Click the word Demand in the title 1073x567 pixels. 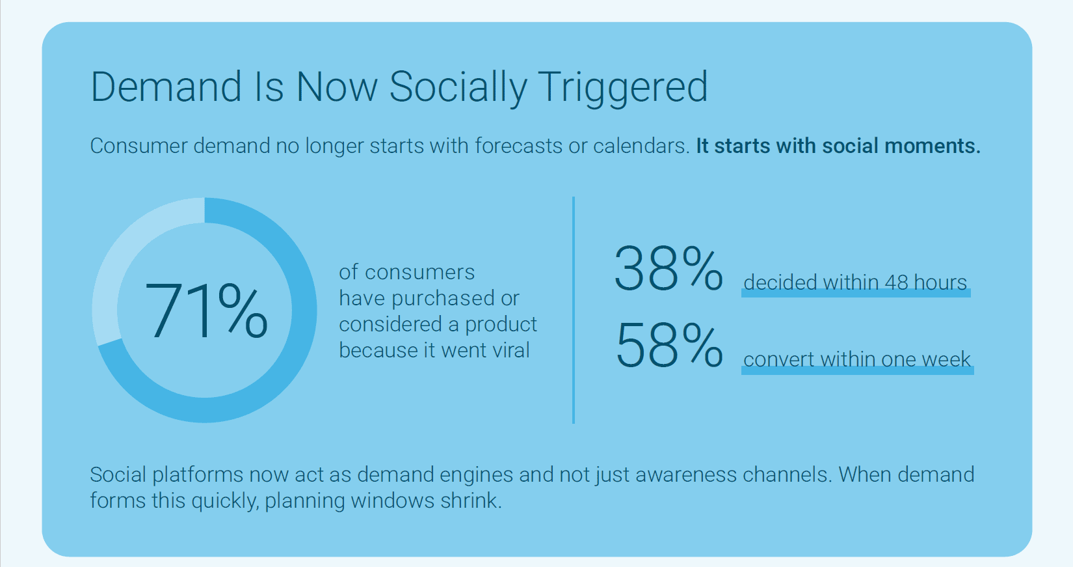(x=166, y=87)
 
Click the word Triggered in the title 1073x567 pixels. (x=622, y=87)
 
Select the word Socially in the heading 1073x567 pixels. (x=458, y=87)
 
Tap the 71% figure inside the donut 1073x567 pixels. (x=205, y=312)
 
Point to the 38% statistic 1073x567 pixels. (x=668, y=268)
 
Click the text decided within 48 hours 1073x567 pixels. (x=855, y=283)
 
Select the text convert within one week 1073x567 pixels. (x=856, y=359)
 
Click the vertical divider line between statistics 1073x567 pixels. (x=574, y=310)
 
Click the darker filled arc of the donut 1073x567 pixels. (x=286, y=365)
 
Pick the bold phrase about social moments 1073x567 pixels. (x=838, y=146)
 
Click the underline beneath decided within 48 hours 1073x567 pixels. (x=855, y=294)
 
